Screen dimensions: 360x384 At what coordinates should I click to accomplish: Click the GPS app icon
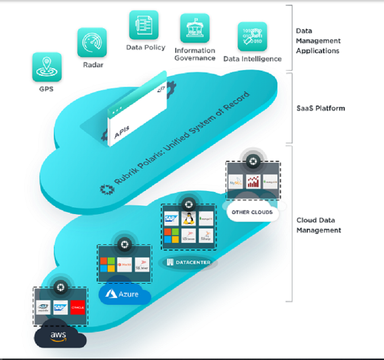pos(47,67)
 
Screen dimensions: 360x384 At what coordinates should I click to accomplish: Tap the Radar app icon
pos(92,42)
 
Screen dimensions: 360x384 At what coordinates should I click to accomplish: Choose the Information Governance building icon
pos(195,28)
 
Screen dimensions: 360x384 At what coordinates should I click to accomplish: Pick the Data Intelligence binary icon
pos(252,36)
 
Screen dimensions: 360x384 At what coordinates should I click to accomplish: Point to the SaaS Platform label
pos(321,108)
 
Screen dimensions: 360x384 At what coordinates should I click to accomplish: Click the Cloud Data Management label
pos(318,225)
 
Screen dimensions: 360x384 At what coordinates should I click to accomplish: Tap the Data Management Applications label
pos(318,40)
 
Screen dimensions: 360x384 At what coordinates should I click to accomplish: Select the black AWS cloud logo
pos(59,335)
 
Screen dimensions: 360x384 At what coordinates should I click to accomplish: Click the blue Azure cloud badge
pos(123,294)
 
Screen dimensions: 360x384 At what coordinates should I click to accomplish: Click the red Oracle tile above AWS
pos(78,307)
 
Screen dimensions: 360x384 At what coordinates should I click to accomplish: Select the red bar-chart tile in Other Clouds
pos(253,181)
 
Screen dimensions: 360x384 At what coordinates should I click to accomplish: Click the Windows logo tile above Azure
pos(108,265)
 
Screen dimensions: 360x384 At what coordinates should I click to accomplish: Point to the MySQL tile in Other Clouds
pos(236,181)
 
